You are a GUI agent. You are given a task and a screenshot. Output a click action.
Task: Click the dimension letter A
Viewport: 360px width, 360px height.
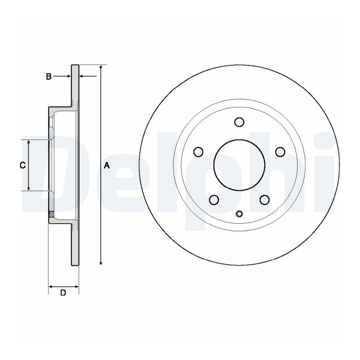[106, 165]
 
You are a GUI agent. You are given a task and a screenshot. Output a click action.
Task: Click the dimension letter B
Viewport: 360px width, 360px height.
[49, 76]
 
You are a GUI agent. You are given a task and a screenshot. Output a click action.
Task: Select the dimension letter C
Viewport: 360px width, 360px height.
[22, 165]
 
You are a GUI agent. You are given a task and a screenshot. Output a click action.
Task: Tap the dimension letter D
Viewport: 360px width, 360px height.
[63, 293]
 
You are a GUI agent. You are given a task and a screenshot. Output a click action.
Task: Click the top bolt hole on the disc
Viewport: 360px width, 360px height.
[239, 122]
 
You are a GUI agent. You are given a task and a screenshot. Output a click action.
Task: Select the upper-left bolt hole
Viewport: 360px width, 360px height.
[198, 152]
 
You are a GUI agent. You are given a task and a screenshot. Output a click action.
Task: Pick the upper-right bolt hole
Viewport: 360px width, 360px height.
[280, 152]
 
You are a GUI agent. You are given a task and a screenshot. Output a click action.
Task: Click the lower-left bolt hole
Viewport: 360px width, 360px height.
[214, 200]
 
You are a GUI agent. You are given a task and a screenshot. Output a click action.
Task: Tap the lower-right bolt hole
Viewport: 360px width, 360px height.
[264, 200]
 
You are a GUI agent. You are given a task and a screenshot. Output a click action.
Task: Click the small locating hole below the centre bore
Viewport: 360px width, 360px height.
[239, 214]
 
